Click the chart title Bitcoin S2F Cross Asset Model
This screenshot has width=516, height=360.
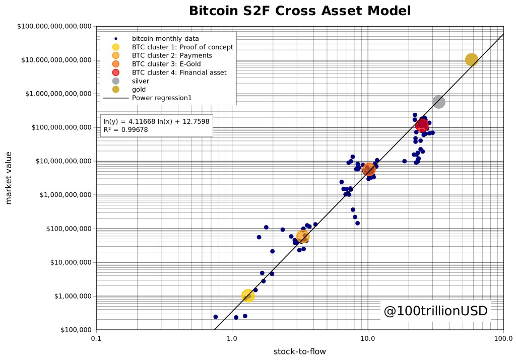(x=300, y=11)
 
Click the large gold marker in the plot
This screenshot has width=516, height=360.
(x=471, y=60)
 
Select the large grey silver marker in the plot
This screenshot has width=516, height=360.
(x=438, y=102)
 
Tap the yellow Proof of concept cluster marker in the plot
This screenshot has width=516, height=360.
(x=247, y=296)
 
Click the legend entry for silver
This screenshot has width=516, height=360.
(x=141, y=81)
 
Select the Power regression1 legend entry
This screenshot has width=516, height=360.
(x=161, y=98)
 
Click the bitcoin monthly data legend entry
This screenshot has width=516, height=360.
(x=165, y=38)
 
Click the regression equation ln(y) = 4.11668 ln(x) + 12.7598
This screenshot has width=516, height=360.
(x=156, y=121)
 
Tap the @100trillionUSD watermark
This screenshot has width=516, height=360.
(x=435, y=311)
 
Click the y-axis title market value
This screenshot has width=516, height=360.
(x=9, y=178)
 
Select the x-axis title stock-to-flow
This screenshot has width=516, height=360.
(x=299, y=351)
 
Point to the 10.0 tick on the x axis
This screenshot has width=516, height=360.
(x=367, y=338)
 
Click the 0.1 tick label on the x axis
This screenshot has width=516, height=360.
(x=96, y=338)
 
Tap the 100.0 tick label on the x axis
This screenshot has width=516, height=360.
(x=503, y=338)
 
